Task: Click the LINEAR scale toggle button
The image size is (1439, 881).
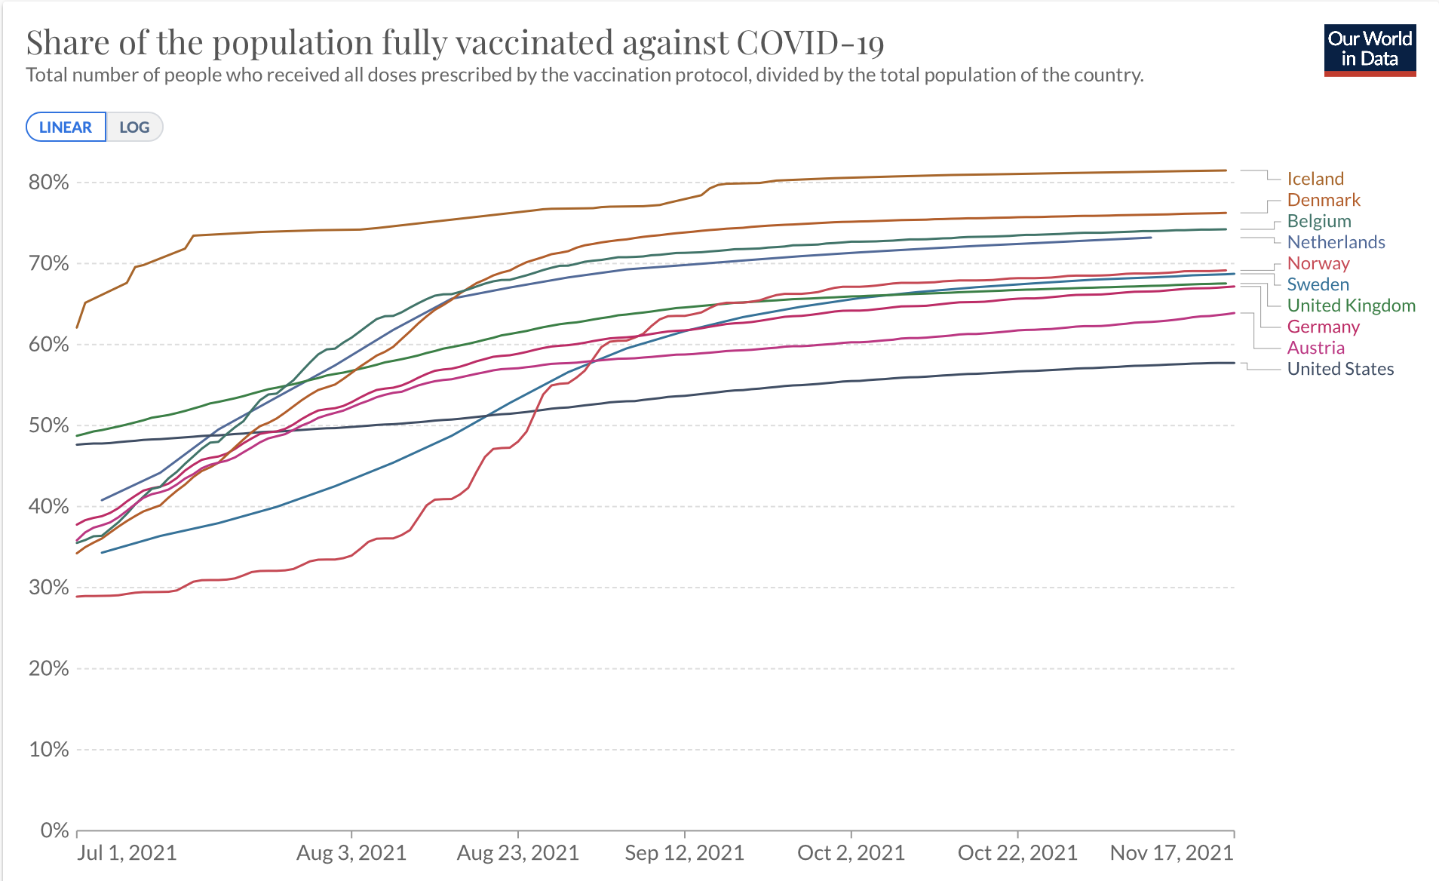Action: (66, 127)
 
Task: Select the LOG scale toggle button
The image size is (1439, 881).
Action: (134, 127)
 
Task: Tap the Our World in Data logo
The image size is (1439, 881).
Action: (1370, 50)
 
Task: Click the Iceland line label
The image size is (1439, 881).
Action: (1315, 179)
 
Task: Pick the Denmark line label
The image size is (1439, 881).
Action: (1324, 200)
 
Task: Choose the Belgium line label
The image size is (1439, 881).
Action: (1319, 221)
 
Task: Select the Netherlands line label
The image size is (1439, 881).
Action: (1336, 242)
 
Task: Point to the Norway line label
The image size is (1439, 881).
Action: (1318, 263)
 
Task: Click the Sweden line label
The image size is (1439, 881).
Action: (1318, 284)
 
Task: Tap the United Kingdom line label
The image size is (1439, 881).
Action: (1352, 305)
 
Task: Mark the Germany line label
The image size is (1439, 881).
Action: (1324, 327)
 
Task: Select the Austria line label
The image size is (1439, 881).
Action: (1316, 348)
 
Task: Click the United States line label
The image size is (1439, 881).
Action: (1340, 369)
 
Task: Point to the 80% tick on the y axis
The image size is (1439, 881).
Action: (49, 183)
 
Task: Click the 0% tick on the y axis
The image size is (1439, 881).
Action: (54, 830)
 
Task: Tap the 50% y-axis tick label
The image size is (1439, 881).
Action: (49, 425)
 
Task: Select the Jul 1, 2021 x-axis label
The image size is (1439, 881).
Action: (127, 853)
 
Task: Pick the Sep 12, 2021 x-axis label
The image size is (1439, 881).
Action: (684, 853)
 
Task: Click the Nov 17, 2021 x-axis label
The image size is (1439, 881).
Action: (1172, 853)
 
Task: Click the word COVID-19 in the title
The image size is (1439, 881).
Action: (810, 42)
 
